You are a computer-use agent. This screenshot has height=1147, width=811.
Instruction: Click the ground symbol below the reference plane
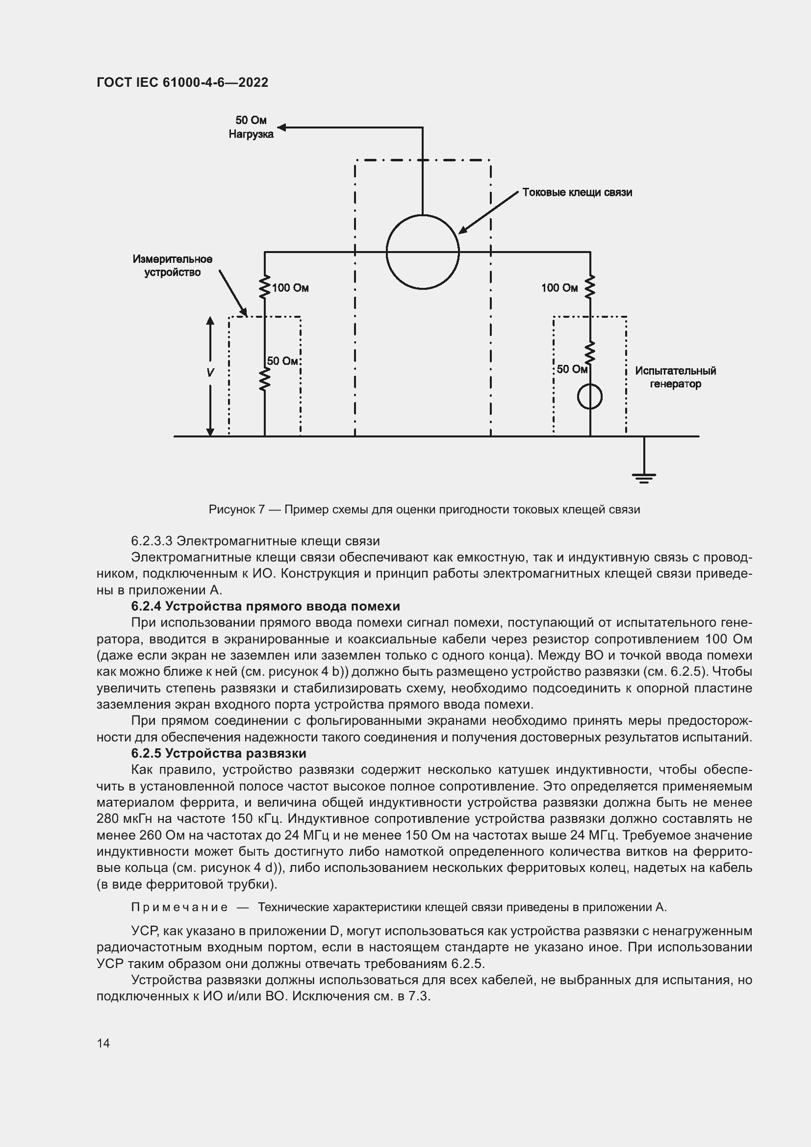(644, 478)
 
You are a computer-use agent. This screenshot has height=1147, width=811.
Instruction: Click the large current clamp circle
(423, 252)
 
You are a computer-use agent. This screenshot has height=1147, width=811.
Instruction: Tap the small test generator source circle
(590, 397)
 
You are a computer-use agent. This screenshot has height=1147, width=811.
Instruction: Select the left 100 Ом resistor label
(290, 288)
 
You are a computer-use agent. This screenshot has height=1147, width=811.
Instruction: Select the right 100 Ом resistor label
(559, 288)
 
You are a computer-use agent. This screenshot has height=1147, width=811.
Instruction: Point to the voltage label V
(210, 373)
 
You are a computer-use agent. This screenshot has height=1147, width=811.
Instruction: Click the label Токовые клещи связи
(577, 192)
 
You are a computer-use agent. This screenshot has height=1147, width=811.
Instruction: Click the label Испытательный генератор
(675, 377)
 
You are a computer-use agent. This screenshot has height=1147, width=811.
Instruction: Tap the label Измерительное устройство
(172, 265)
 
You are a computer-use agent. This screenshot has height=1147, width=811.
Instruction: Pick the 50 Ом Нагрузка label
(251, 127)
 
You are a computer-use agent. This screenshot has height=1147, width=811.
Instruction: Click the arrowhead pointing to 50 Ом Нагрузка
(281, 127)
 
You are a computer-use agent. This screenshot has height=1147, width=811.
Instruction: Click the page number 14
(103, 1043)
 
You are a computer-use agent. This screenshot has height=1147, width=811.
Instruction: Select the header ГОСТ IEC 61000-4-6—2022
(182, 82)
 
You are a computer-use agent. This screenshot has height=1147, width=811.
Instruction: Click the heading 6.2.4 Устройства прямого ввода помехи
(265, 606)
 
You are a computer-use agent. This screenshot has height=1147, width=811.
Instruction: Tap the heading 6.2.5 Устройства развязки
(218, 753)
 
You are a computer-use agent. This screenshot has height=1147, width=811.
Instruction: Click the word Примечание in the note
(179, 907)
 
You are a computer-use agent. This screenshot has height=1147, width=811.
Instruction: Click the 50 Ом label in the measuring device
(282, 361)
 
